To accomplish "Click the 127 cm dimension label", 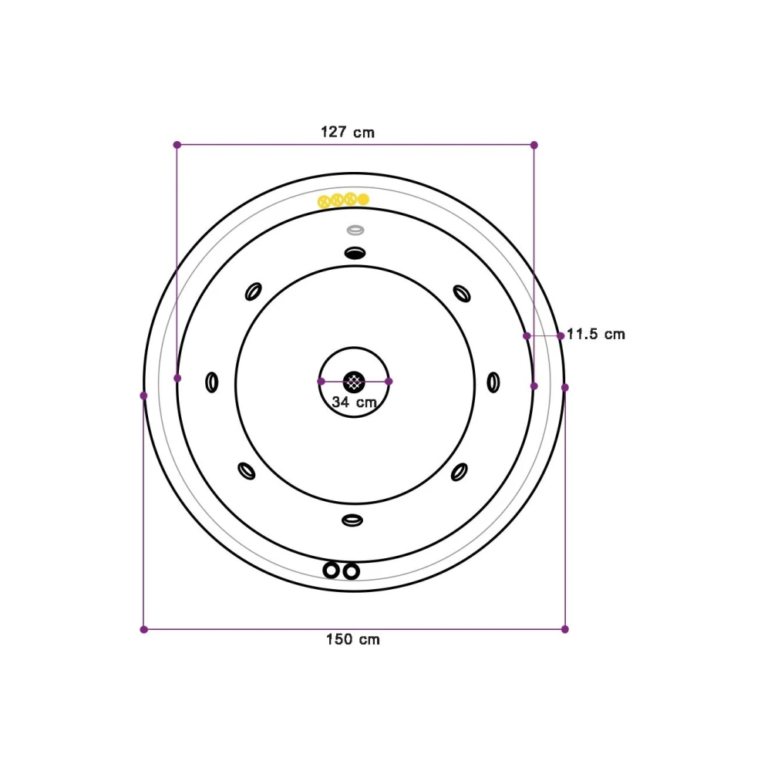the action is (x=348, y=133).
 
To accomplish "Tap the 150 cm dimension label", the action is (x=352, y=639).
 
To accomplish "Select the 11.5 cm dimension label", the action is (x=596, y=335).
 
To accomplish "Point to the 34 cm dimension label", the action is (x=354, y=402).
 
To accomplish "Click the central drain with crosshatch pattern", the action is (x=354, y=382).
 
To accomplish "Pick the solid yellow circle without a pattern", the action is (x=363, y=199).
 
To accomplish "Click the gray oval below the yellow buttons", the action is (x=355, y=230).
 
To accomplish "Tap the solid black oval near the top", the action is (x=355, y=253).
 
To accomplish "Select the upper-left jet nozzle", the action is (x=253, y=291).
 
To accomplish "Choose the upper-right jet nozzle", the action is (x=462, y=294).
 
